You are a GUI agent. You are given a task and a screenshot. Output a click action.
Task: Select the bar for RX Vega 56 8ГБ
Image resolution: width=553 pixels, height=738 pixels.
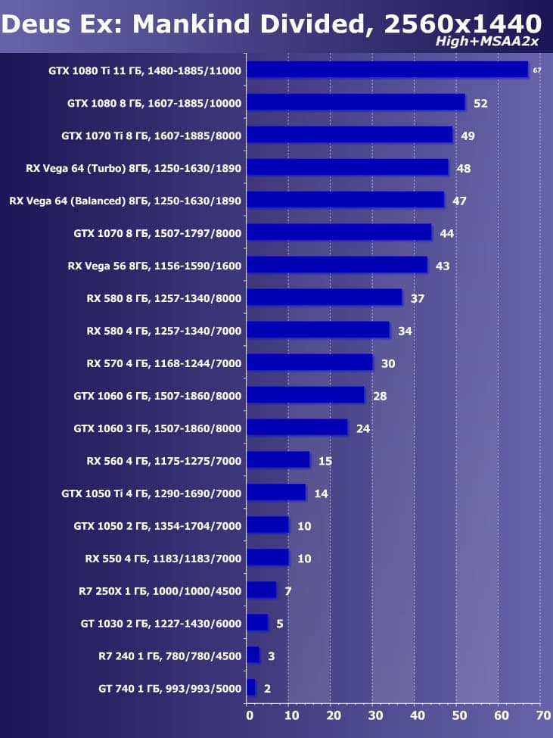(x=337, y=265)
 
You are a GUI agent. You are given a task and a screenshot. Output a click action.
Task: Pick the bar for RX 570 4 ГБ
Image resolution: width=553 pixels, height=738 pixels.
(x=310, y=363)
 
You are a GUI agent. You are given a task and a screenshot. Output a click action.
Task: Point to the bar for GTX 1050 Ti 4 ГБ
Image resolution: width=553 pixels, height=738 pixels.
(x=277, y=493)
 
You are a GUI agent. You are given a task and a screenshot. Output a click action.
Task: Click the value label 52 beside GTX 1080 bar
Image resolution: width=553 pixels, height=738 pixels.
(x=480, y=103)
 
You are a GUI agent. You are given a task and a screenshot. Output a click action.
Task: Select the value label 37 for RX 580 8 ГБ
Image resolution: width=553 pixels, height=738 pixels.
(x=418, y=298)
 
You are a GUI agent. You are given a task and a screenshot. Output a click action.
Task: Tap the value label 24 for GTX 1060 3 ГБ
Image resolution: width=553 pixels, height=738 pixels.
(x=363, y=428)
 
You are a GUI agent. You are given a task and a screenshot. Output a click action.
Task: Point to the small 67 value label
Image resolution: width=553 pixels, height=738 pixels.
(x=537, y=70)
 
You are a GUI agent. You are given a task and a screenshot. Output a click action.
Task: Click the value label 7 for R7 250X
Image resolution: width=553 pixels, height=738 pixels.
(x=288, y=590)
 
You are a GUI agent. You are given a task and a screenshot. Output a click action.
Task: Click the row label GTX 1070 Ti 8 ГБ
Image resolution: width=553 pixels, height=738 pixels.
(x=151, y=135)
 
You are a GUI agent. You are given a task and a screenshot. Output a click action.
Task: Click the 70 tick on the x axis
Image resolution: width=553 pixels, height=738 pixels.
(x=542, y=714)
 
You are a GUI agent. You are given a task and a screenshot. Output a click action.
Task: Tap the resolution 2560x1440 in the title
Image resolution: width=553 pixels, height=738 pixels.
(x=463, y=23)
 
